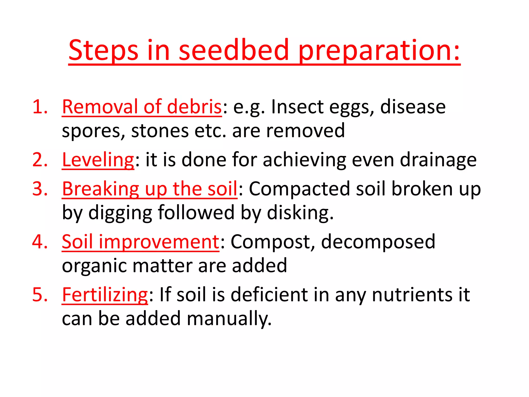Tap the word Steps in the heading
tap(103, 50)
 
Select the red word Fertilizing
tap(105, 295)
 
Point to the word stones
tap(160, 131)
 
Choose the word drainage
tap(438, 160)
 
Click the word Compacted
tap(299, 189)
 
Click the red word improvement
tap(159, 242)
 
